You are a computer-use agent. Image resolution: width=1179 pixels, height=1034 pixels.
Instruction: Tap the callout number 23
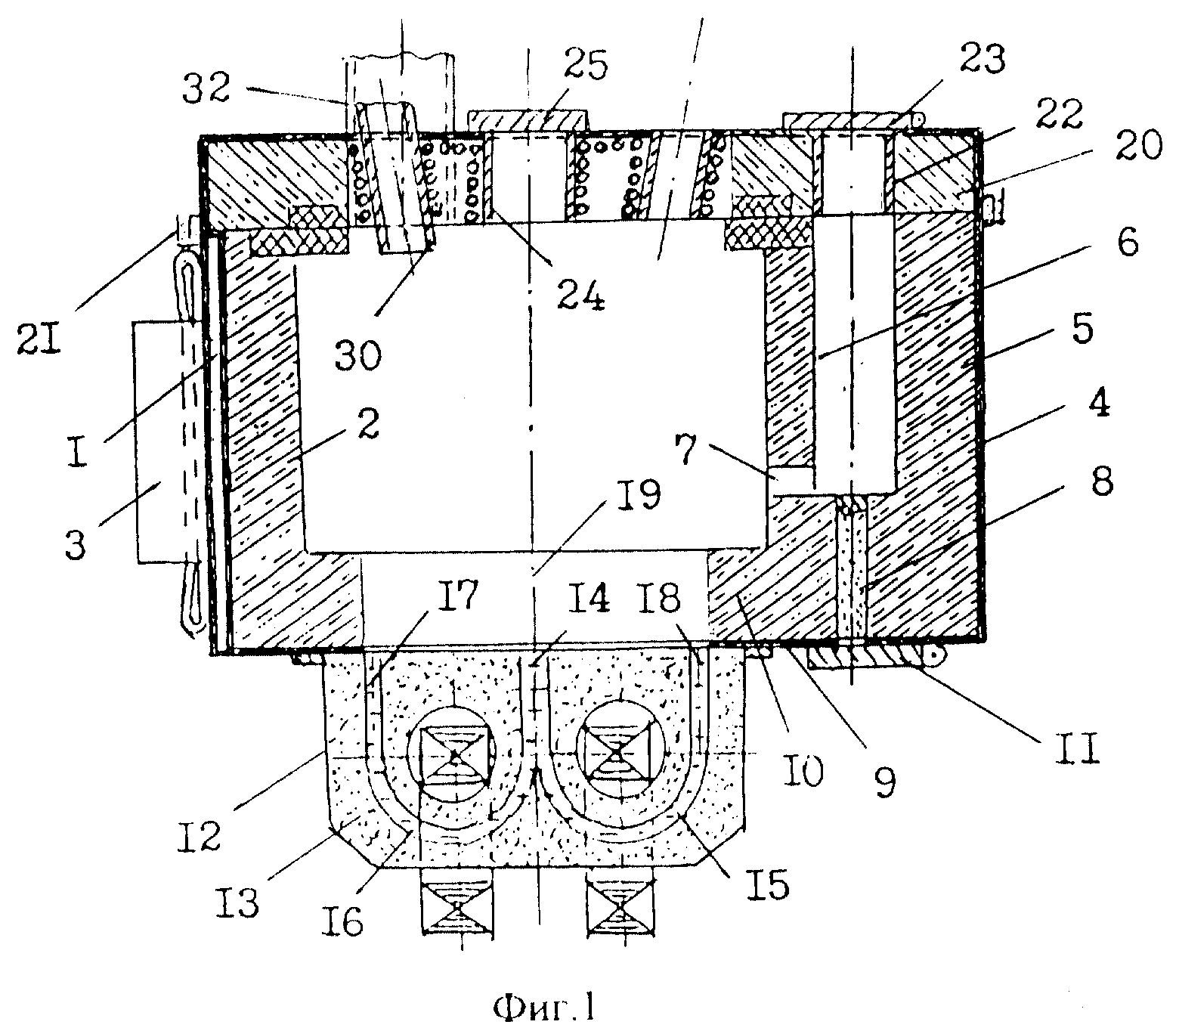(979, 60)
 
